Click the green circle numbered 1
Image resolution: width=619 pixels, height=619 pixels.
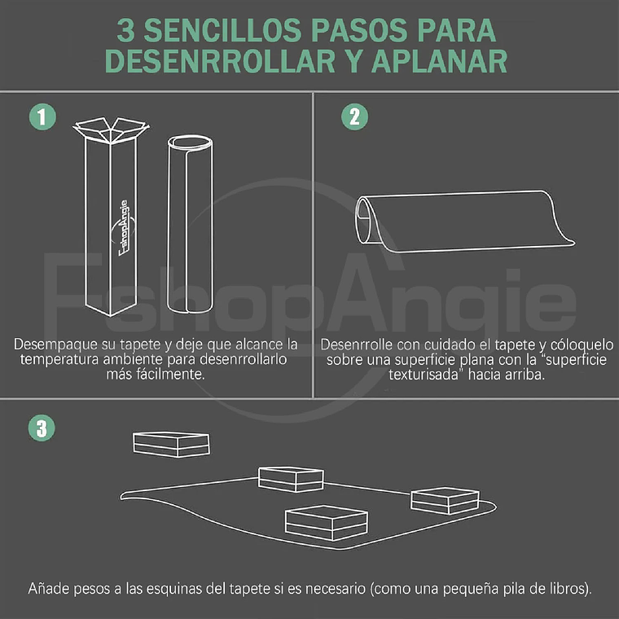click(42, 116)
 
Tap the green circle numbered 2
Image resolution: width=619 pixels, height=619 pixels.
click(353, 116)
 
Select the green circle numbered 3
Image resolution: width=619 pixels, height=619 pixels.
click(42, 428)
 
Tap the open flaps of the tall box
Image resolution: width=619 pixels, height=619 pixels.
click(109, 130)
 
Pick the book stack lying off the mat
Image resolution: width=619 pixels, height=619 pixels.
click(171, 444)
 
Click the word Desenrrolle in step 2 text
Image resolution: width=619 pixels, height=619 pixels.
click(358, 344)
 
